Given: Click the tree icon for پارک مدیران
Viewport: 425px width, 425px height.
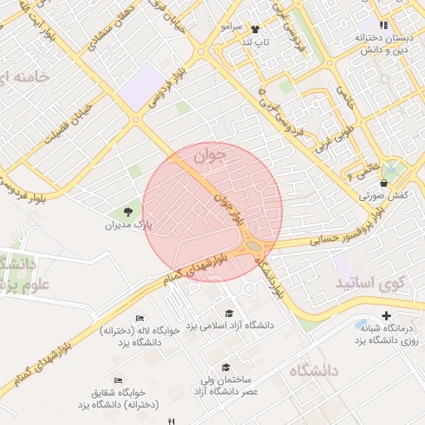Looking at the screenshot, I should click(128, 212).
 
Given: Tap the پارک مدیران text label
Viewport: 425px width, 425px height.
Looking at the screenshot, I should click(131, 225).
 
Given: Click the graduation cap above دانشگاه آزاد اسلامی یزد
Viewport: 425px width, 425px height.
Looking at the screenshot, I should click(229, 312).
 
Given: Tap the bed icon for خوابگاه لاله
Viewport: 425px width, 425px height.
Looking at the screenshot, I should click(139, 318).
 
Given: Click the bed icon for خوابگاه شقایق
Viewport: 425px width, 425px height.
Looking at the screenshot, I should click(118, 380).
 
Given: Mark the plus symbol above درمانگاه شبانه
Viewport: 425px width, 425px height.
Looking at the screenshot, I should click(386, 315).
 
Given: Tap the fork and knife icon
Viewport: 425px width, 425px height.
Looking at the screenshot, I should click(172, 420).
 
